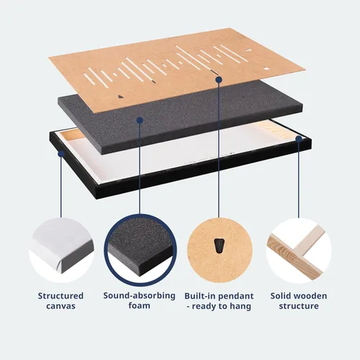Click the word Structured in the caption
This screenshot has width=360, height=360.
point(60,296)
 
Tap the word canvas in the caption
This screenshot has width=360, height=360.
point(60,306)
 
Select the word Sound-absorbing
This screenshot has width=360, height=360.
point(139,296)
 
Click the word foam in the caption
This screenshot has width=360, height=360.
point(139,305)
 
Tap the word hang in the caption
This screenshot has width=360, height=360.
point(240,306)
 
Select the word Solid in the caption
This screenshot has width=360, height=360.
point(280,296)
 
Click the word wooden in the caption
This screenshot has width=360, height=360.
point(310,296)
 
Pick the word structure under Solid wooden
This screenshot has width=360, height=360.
point(299,306)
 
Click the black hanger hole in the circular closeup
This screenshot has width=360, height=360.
point(219,246)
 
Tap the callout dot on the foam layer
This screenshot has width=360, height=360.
point(140,120)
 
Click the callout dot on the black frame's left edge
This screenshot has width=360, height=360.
point(61,153)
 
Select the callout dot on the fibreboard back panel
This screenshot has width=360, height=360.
point(219,79)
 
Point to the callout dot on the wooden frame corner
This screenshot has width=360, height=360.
point(299,139)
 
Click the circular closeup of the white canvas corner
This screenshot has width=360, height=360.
point(61,251)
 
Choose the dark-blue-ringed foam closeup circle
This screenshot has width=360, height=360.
point(140,251)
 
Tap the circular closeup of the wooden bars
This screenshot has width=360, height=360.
point(299,251)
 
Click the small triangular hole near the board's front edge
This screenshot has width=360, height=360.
point(121,96)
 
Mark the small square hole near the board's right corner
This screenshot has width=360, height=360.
point(267,68)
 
